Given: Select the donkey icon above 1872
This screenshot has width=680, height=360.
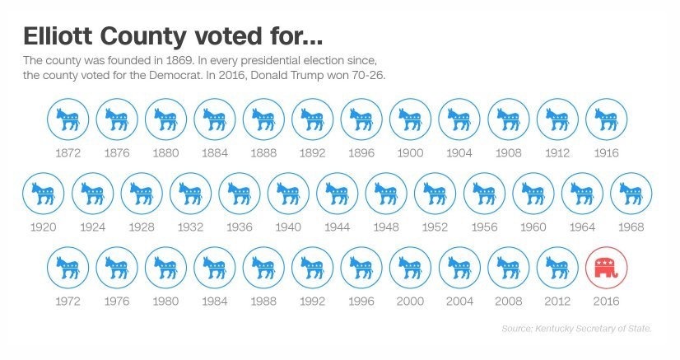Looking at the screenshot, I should pos(68,119).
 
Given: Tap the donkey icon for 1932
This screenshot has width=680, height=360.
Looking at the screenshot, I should pos(190,194).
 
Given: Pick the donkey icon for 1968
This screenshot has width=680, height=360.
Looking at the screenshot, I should pos(631,194).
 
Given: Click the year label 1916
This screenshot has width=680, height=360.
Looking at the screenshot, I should pos(606,153).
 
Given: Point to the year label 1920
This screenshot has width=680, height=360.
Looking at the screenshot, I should pos(43,227).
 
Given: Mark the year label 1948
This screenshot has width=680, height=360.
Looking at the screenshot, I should pos(386,227).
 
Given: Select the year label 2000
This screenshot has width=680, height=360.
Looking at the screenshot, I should pos(410,302).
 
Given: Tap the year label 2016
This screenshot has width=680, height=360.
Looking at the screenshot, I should pos(606,302).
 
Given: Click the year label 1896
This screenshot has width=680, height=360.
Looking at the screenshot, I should pos(361,153).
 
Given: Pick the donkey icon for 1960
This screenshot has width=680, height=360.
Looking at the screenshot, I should pos(533,194).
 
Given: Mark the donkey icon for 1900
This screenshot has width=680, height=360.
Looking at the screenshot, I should pos(410,119).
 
